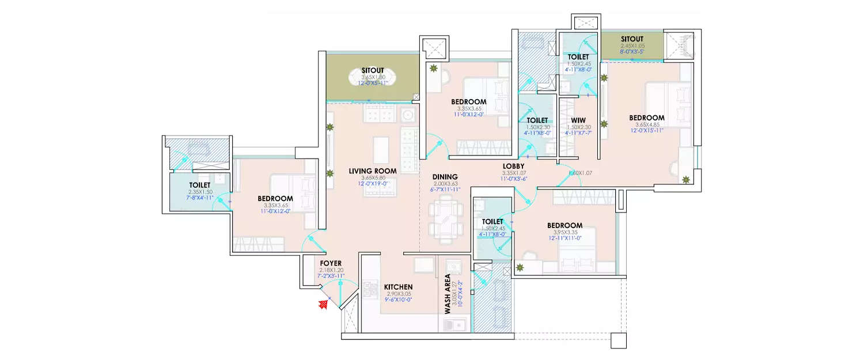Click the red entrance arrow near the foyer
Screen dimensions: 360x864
(324, 305)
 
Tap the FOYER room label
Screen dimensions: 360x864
(331, 263)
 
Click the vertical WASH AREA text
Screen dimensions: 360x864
(448, 294)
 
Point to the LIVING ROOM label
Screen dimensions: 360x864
(373, 171)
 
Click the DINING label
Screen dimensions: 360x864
(445, 177)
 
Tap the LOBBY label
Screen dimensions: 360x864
(513, 166)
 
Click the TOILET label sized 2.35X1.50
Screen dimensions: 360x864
(200, 185)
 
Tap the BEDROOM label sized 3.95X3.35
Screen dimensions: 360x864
(564, 225)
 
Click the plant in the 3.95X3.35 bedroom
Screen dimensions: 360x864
(520, 267)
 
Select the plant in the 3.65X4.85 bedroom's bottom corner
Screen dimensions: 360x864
(685, 180)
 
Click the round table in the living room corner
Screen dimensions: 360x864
(408, 113)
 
